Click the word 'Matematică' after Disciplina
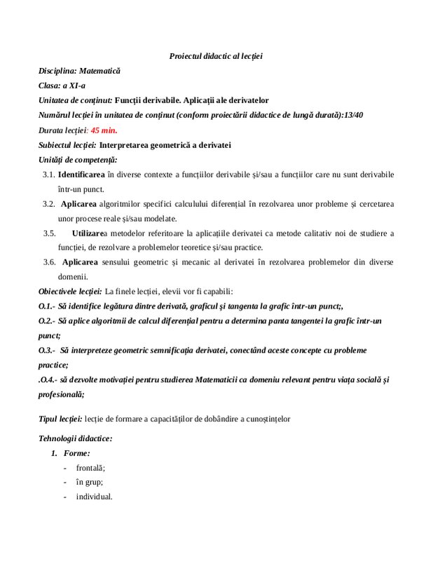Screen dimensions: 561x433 pyautogui.click(x=100, y=71)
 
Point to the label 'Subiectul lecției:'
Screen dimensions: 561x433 pyautogui.click(x=68, y=145)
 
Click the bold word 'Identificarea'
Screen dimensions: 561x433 pyautogui.click(x=83, y=174)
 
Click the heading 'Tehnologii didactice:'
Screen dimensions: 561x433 pyautogui.click(x=76, y=438)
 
